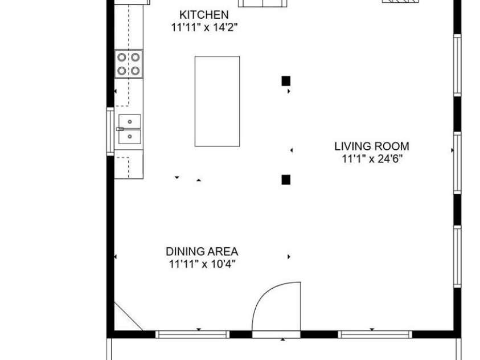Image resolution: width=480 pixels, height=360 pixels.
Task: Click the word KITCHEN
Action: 204,15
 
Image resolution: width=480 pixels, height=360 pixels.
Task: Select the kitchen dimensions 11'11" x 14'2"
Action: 204,27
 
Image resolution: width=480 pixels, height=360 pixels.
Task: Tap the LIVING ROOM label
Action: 371,146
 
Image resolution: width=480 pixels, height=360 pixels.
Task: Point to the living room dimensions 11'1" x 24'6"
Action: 371,159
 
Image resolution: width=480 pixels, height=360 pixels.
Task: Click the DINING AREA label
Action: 202,251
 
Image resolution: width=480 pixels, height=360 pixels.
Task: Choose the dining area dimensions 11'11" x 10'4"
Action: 202,264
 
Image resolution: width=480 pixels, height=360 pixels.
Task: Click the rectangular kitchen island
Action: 217,101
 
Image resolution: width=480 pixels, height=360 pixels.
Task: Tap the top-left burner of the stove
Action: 122,57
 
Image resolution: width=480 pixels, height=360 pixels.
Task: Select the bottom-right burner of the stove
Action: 136,71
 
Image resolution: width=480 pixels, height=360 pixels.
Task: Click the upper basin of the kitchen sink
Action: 130,121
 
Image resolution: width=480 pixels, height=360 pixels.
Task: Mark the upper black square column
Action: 286,81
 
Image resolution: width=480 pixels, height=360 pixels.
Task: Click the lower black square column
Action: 286,179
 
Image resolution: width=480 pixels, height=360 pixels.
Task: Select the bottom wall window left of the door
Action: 192,334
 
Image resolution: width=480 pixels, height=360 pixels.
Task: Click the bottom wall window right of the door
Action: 373,334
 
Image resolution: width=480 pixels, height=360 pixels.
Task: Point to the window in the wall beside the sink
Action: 110,131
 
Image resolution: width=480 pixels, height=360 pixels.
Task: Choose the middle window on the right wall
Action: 457,162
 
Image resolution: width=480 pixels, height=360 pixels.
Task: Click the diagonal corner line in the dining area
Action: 128,316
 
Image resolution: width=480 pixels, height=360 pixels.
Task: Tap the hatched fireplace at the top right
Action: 400,1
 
